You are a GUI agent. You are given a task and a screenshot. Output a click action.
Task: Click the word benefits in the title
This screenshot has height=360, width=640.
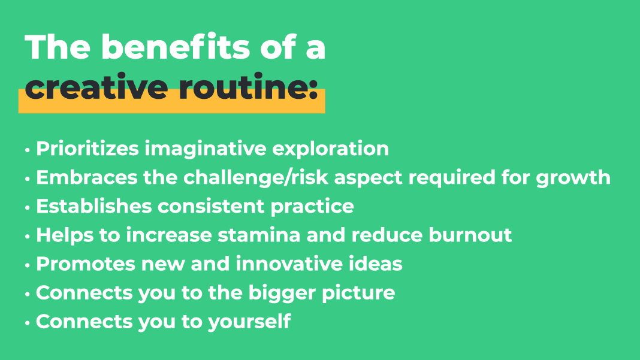(x=176, y=47)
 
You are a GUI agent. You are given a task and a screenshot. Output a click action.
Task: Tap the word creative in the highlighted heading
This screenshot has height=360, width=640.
(x=96, y=86)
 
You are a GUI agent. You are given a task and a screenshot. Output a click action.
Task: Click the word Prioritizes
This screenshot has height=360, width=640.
(x=87, y=149)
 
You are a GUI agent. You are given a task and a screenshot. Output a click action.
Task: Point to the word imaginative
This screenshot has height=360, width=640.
(x=206, y=149)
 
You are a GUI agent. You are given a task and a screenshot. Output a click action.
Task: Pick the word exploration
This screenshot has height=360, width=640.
(x=331, y=149)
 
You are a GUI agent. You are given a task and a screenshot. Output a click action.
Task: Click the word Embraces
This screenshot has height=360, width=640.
(x=87, y=177)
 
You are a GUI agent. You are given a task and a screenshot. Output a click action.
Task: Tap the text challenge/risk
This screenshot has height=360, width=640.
(x=256, y=178)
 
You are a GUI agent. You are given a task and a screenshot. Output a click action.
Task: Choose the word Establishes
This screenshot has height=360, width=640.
(x=94, y=206)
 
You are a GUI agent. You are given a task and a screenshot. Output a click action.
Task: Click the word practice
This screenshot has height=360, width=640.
(x=312, y=207)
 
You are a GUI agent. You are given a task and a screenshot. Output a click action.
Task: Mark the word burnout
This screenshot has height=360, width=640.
(x=470, y=235)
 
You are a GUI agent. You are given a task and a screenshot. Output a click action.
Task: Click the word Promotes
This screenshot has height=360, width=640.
(x=86, y=264)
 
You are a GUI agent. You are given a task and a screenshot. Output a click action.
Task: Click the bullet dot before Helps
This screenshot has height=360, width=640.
(x=28, y=237)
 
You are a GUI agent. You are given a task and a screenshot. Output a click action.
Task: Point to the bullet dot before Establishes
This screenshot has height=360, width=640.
(x=28, y=208)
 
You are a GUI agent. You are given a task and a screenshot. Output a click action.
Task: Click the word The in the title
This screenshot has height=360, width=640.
(x=58, y=47)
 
